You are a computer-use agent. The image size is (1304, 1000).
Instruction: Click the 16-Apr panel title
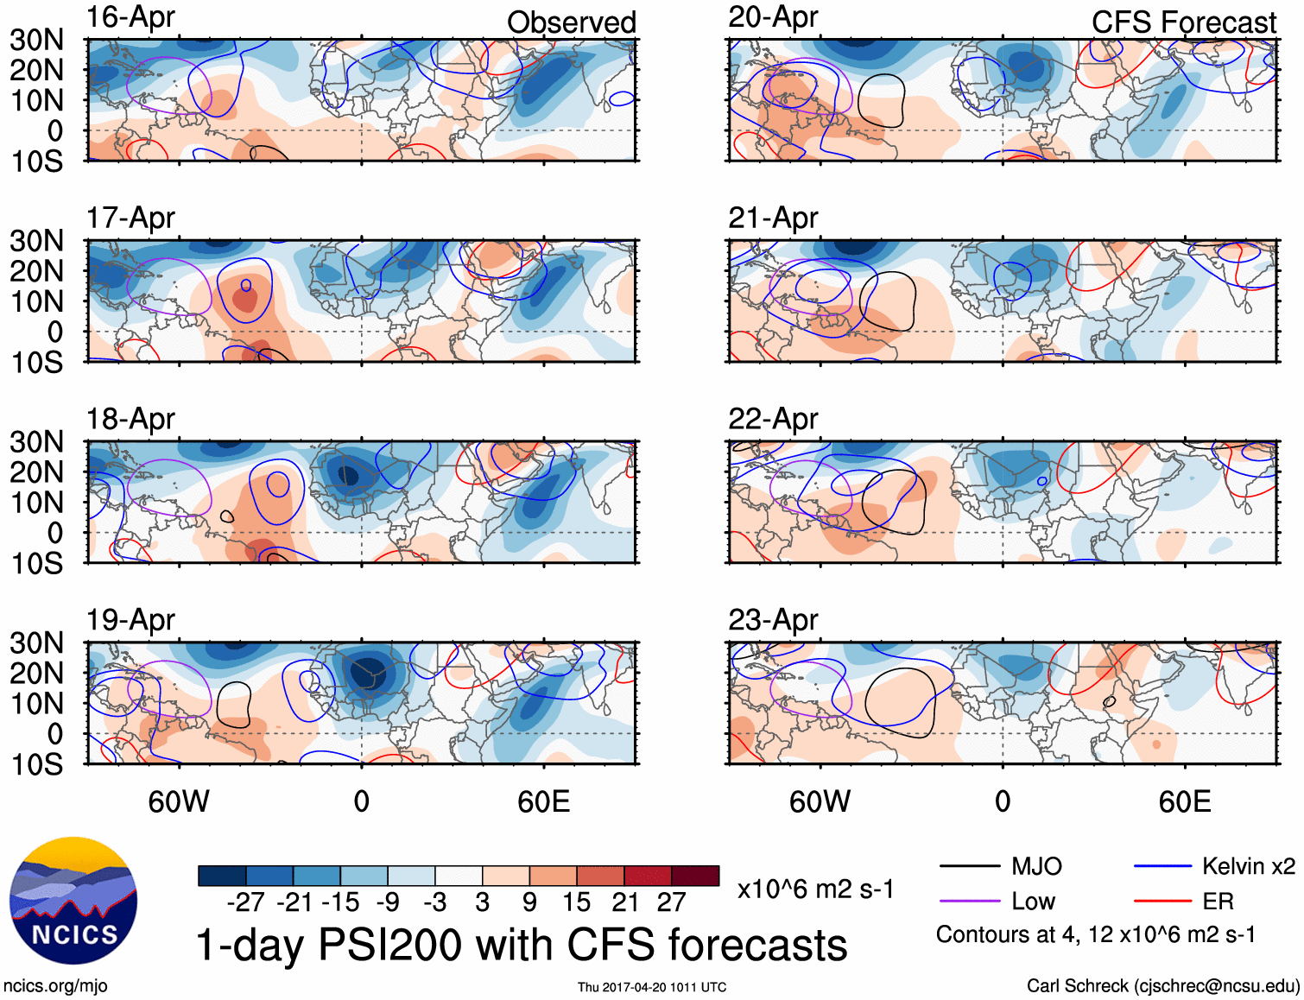130,16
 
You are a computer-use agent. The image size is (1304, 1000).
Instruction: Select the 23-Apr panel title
772,620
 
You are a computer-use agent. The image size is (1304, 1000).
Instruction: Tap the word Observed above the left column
571,22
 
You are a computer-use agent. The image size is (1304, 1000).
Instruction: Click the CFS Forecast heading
1183,22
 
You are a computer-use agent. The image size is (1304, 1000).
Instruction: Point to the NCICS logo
73,901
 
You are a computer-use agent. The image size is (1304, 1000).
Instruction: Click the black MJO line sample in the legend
969,866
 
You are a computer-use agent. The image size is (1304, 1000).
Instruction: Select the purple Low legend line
969,902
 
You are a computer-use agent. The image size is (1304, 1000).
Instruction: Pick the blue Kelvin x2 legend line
1162,866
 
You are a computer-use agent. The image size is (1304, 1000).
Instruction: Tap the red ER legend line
1162,902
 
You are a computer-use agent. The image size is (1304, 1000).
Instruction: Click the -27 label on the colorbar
245,902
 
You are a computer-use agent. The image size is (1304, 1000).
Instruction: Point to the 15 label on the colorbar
576,902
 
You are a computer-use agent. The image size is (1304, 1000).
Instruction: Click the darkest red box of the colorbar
695,876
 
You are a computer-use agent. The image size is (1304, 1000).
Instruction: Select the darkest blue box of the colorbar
222,876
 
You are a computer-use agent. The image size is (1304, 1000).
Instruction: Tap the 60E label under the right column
1184,801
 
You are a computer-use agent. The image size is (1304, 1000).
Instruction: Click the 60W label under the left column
179,801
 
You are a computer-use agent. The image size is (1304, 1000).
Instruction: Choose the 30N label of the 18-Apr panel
36,442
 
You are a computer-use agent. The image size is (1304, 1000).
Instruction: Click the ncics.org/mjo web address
55,986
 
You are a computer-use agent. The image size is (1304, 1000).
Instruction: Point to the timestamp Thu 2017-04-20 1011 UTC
652,987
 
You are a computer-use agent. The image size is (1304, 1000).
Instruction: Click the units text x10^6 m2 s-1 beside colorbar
815,889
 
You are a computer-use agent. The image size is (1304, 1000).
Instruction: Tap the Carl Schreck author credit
1162,986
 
